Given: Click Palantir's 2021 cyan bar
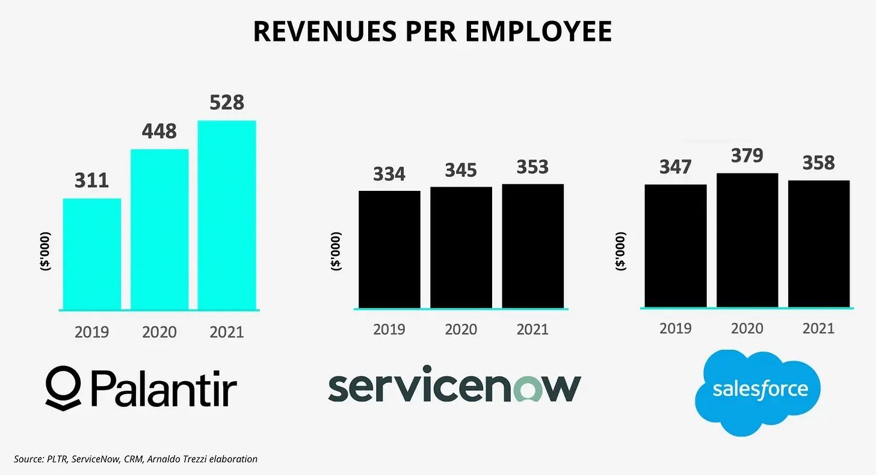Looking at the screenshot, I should coord(226,215).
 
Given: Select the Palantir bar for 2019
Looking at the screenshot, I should coord(91,253).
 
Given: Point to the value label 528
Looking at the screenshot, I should coord(226,102).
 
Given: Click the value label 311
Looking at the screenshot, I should coord(91,180).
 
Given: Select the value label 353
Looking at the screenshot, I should coord(532,166).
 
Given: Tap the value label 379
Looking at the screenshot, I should coord(747,155).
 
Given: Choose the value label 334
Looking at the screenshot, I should coord(389,173).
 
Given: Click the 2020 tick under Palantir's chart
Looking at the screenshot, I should coord(159,332).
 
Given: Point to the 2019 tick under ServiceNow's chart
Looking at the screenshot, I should coord(389,329).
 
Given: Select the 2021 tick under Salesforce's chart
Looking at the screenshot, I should coord(819,328).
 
